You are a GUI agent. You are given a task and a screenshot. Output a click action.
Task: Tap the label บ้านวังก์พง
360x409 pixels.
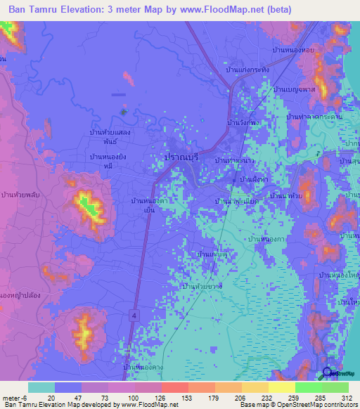pyautogui.click(x=242, y=122)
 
